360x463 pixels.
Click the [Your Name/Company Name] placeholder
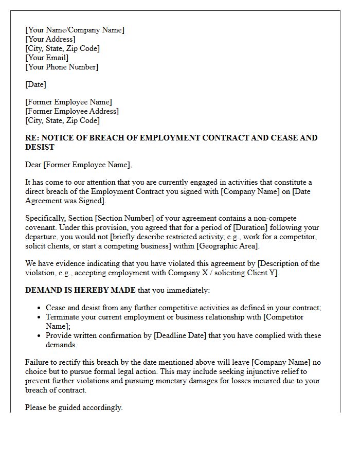(x=75, y=30)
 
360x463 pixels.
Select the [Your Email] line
(x=47, y=58)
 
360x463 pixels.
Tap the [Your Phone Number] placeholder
(x=62, y=67)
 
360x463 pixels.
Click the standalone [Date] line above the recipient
(x=35, y=84)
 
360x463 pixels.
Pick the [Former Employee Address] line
(x=72, y=111)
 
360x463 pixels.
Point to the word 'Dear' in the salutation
(x=33, y=165)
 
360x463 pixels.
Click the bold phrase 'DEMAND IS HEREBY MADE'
(x=80, y=290)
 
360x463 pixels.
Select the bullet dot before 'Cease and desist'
(x=40, y=308)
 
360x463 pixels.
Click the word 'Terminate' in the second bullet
(x=63, y=317)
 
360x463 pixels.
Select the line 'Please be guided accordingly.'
(x=74, y=407)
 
